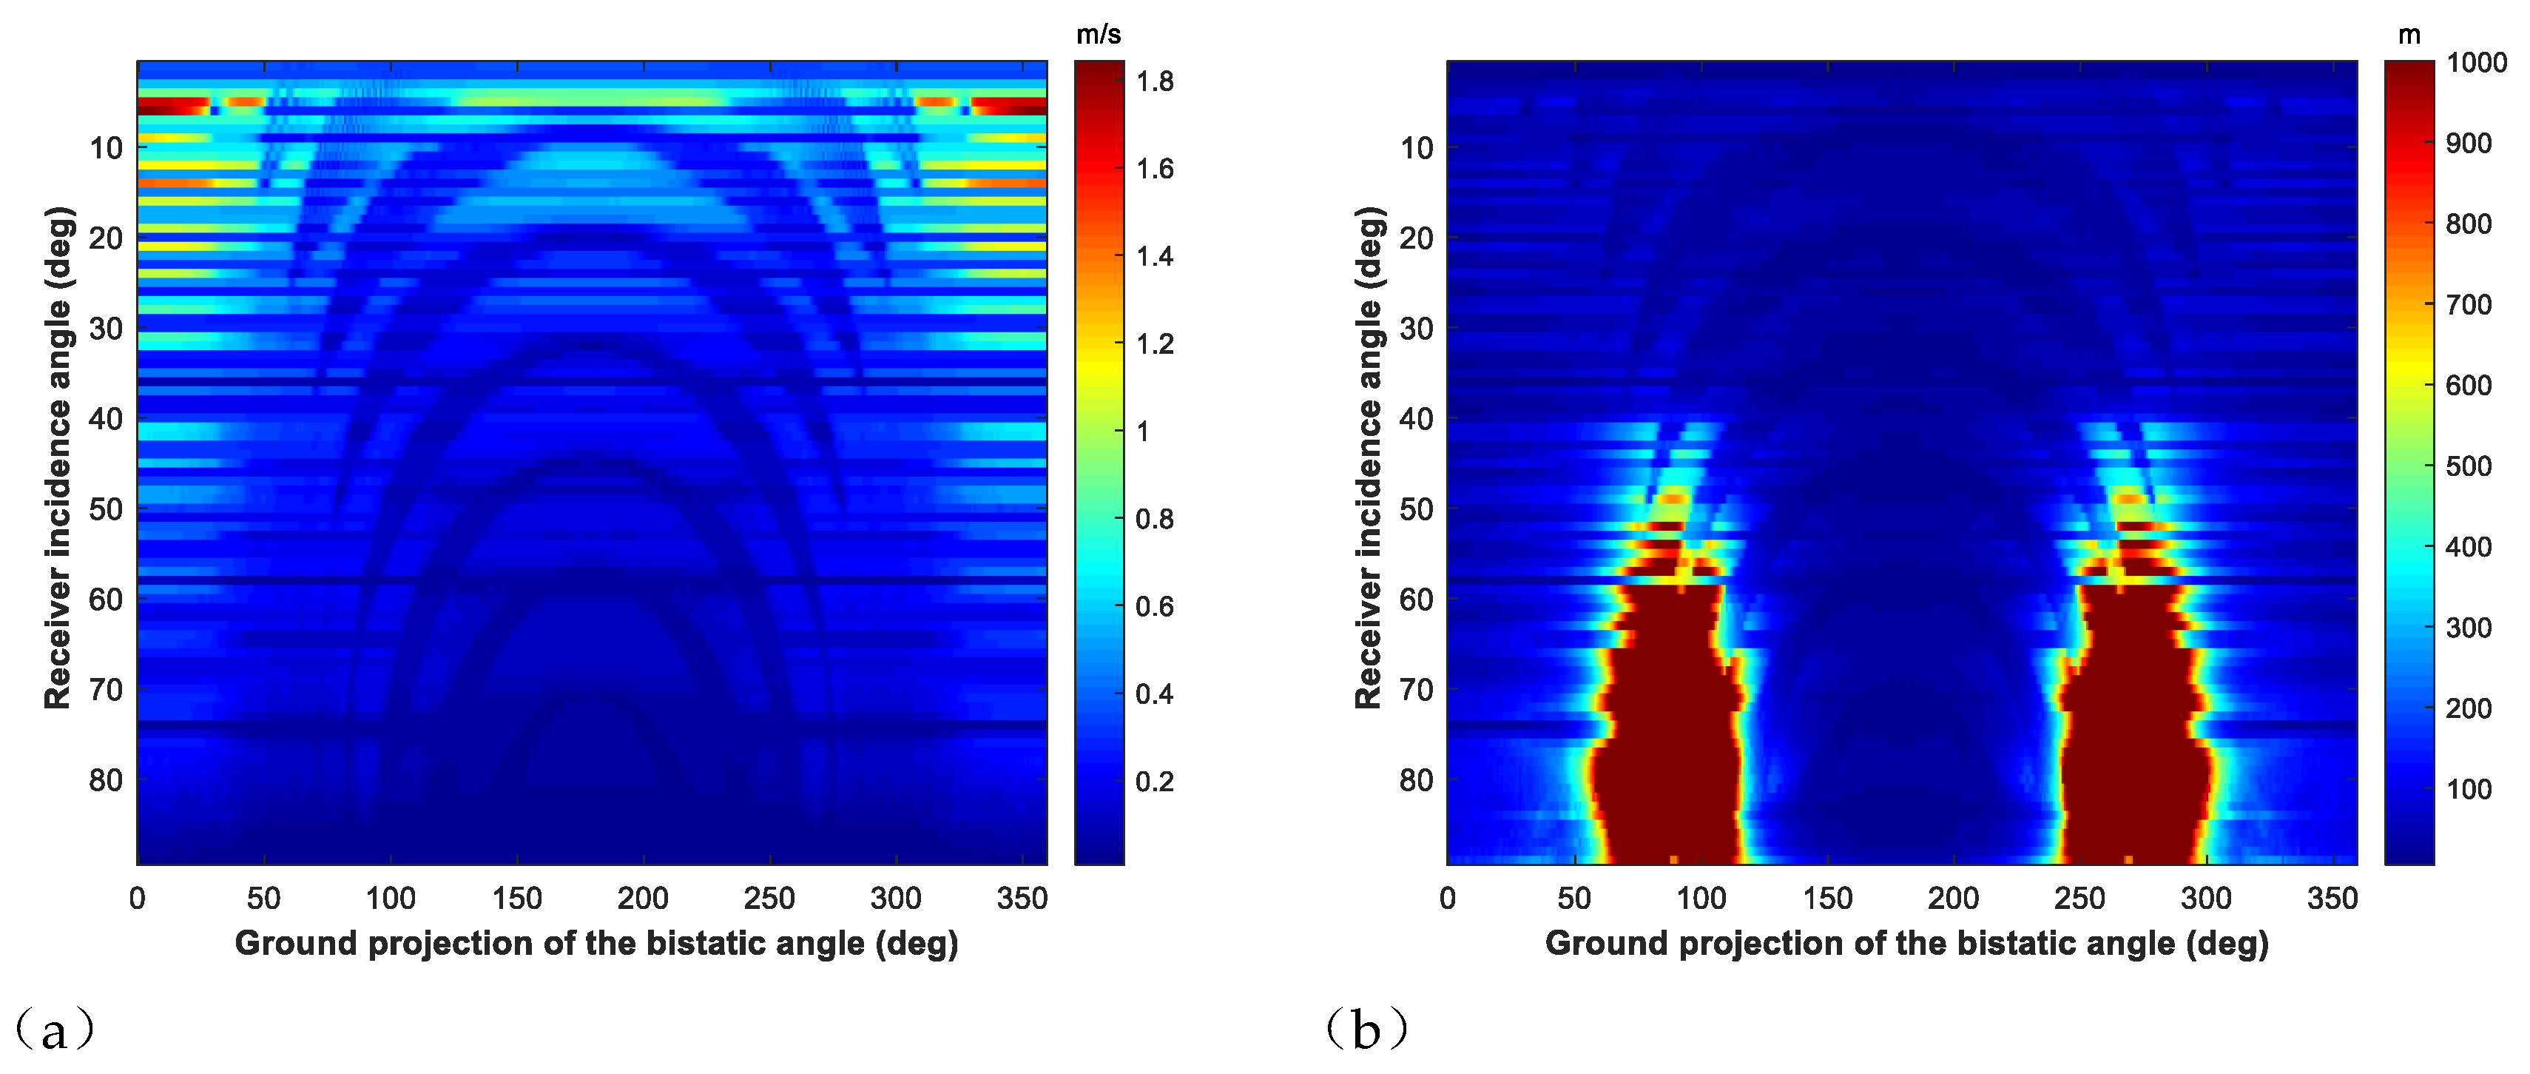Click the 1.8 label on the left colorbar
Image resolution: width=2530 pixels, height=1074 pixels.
pos(1154,81)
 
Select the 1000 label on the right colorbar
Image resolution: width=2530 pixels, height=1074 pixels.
pos(2476,63)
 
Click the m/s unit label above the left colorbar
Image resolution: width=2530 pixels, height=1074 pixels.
pos(1098,36)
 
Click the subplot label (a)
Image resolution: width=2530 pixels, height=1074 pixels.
pos(54,1030)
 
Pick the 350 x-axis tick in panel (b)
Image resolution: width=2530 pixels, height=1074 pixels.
pos(2332,898)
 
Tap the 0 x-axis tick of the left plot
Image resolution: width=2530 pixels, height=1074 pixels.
pos(138,898)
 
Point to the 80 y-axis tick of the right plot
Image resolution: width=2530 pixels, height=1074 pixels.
pos(1415,780)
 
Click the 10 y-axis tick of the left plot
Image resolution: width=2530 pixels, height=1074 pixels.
pos(105,148)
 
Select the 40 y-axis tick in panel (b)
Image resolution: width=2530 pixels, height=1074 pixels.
pos(1415,420)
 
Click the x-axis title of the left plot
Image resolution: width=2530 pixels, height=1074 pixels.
pos(596,943)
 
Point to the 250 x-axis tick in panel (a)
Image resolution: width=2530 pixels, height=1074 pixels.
pos(769,898)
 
